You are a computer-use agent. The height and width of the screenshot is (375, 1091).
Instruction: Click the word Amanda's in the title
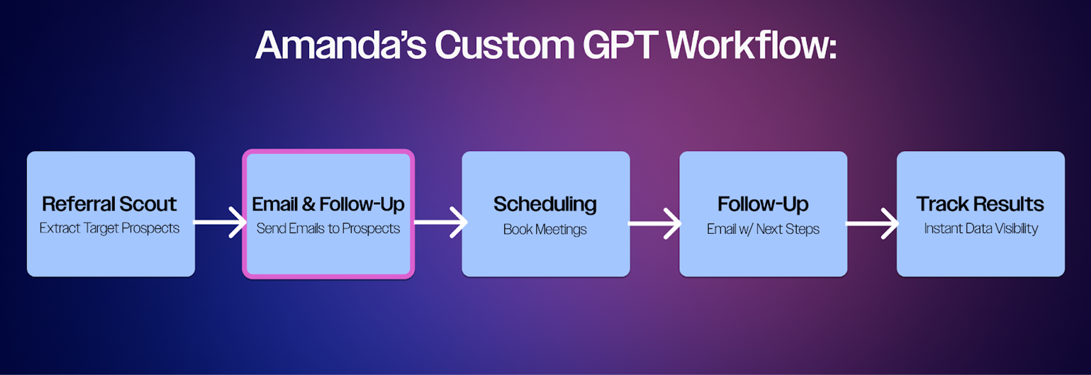pos(341,45)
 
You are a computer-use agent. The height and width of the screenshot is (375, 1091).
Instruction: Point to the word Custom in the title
pos(505,45)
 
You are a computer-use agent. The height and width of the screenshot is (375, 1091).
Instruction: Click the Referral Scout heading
pos(110,204)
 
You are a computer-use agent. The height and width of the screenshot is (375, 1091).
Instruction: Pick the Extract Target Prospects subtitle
pos(110,228)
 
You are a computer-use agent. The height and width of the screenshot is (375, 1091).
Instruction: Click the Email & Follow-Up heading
pos(328,204)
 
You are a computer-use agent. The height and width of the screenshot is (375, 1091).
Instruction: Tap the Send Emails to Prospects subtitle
pos(328,229)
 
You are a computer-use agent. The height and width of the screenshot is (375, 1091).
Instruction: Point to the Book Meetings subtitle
pos(545,229)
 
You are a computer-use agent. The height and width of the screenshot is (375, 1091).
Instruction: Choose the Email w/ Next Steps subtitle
pos(763,229)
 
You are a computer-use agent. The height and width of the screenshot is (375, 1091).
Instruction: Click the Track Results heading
pos(980,204)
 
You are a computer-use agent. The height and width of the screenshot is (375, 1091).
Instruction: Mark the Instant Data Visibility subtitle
pos(981,229)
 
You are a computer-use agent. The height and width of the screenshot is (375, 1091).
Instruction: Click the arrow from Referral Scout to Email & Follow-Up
pos(220,222)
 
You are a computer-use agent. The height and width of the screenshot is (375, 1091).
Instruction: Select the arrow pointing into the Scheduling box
pos(441,222)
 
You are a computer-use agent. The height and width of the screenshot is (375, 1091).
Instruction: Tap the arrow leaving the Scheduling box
pos(655,224)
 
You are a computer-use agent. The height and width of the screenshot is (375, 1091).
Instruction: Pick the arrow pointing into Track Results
pos(872,224)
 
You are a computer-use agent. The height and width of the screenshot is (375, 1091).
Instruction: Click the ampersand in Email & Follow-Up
pos(309,204)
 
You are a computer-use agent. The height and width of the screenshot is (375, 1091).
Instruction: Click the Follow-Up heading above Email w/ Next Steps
pos(763,204)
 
